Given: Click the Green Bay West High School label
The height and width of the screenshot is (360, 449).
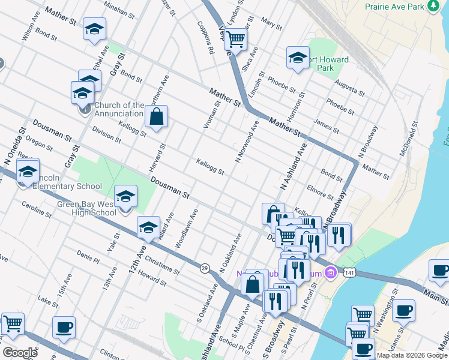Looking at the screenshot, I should point(87,208).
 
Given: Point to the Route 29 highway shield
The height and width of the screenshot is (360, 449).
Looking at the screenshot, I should point(205,268).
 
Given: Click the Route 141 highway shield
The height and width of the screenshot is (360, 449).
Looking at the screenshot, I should point(349,273).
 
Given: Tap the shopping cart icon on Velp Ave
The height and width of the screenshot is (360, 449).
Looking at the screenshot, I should point(236,40).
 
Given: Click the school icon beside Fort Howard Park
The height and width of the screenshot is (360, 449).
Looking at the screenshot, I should point(297,58).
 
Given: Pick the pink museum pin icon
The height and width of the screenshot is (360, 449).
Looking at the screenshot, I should point(329,274).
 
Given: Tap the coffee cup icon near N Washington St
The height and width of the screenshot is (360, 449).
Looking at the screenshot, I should point(403,311).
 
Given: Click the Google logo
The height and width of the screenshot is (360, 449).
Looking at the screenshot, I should point(20,352).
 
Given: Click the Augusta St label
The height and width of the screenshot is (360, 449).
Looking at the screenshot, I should point(349,88).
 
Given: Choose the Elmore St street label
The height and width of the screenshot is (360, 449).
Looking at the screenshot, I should point(319,192).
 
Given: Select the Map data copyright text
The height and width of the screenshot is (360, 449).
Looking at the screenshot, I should point(412,355).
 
